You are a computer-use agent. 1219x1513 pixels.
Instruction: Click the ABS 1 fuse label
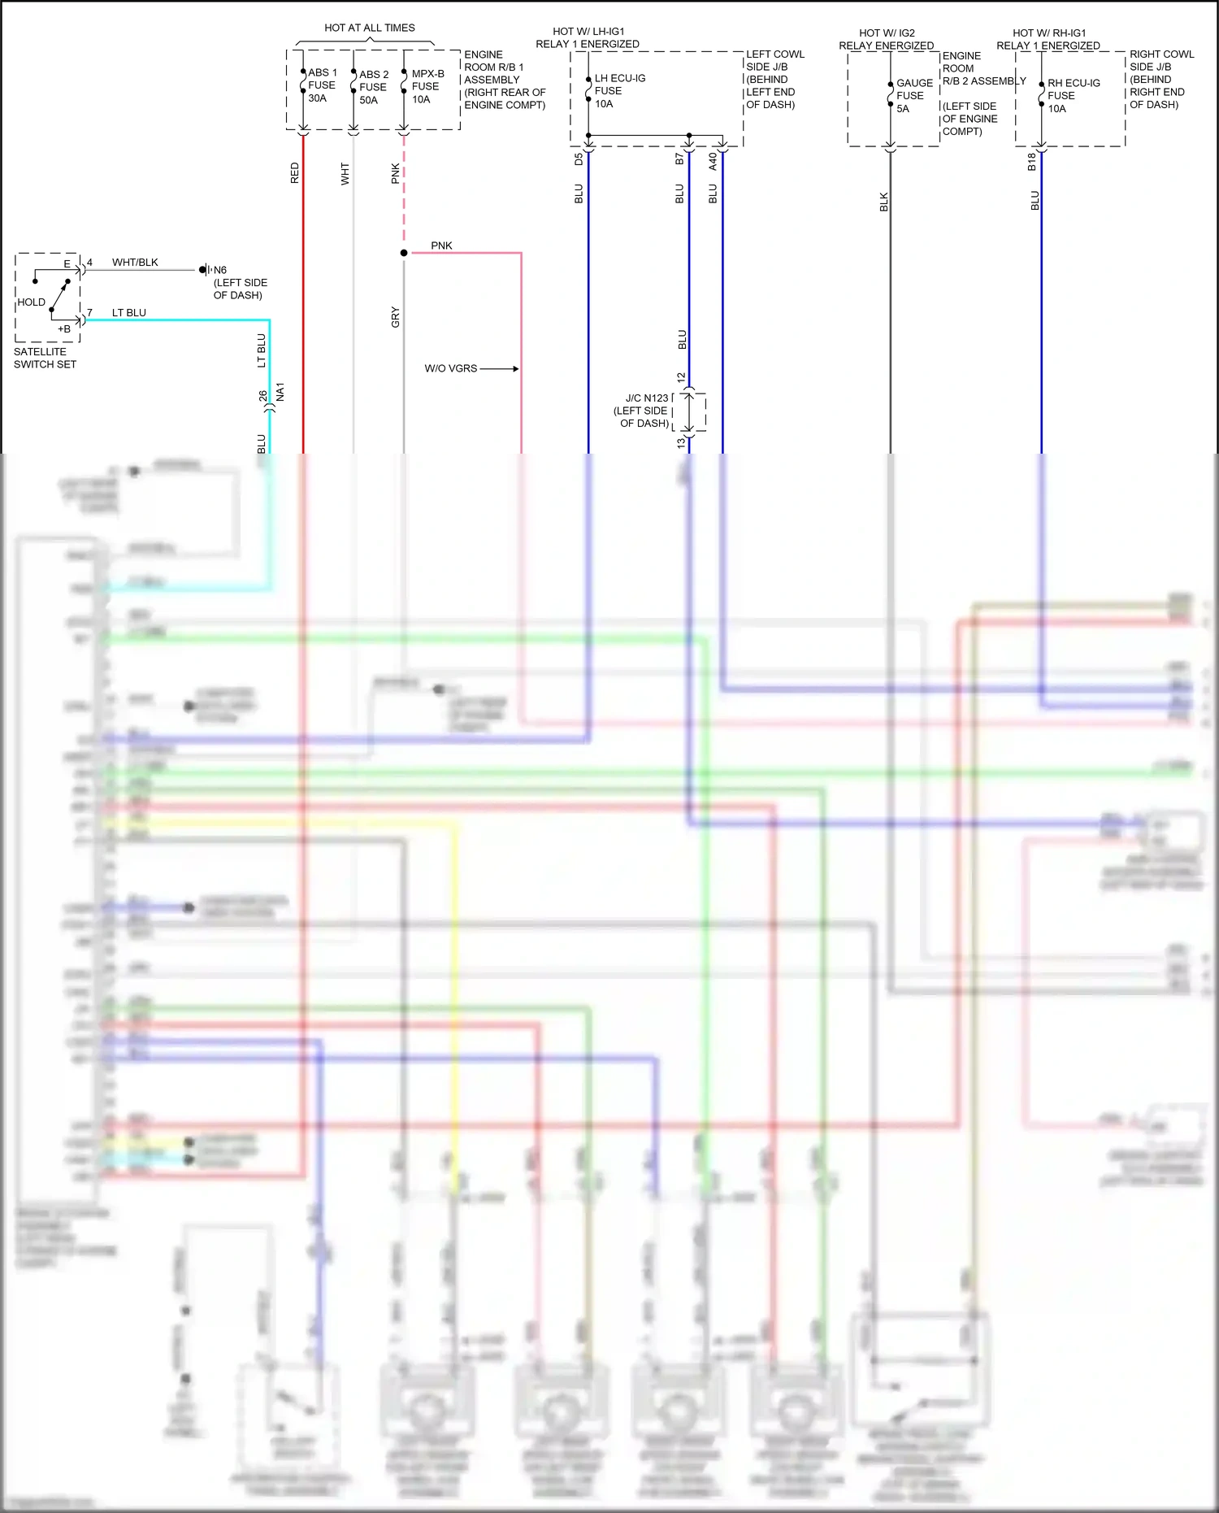tap(322, 85)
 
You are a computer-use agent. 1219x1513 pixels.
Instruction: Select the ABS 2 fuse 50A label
tap(373, 87)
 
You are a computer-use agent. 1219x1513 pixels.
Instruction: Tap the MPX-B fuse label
tap(427, 86)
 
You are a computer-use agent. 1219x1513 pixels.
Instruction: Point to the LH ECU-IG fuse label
tap(619, 91)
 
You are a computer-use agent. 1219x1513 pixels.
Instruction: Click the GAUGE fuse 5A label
tap(913, 96)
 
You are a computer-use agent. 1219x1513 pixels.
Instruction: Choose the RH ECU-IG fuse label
tap(1073, 96)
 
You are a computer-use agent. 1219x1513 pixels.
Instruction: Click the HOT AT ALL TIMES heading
tap(369, 28)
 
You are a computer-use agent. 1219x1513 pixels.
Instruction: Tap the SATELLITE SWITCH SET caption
tap(45, 358)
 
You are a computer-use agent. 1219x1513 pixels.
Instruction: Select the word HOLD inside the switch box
tap(32, 302)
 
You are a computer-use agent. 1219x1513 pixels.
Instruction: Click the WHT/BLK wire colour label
tap(135, 263)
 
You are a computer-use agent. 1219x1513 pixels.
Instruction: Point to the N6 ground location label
tap(239, 282)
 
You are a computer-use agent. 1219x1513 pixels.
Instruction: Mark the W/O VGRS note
tap(450, 368)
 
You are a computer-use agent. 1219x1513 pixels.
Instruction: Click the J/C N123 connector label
tap(643, 411)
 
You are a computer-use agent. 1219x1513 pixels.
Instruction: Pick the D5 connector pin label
tap(579, 160)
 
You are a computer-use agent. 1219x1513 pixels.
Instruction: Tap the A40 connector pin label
tap(713, 161)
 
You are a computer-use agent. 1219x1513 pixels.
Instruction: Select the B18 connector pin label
tap(1032, 162)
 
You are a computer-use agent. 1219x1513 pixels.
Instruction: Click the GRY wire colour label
tap(396, 317)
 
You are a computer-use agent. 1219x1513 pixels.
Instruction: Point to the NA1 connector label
tap(280, 392)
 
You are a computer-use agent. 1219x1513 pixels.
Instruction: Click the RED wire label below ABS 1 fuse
tap(295, 173)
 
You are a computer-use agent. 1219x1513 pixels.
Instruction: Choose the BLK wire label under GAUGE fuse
tap(884, 202)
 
